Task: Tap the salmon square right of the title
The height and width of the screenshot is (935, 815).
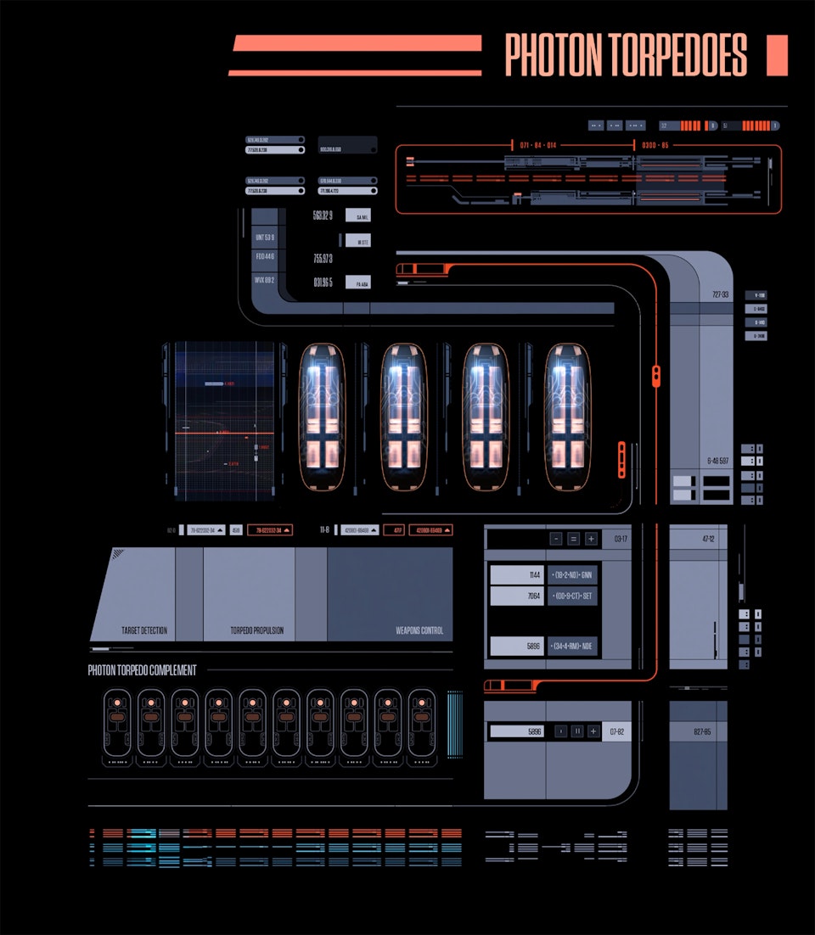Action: (777, 55)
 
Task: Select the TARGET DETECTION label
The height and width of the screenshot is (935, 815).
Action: (144, 631)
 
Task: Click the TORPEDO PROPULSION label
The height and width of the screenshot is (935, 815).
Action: (256, 631)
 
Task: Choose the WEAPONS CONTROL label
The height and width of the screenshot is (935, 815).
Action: (419, 631)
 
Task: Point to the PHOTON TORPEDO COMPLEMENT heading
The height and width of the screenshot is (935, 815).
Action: (143, 670)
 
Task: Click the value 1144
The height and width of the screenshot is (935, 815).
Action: (517, 574)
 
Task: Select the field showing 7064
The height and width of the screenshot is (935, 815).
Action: (517, 596)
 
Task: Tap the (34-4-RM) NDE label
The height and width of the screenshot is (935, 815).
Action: (573, 647)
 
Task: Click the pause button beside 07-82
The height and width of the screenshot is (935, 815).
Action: (577, 731)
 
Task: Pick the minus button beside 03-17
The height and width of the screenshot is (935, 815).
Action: (556, 539)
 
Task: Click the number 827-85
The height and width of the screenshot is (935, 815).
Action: (702, 731)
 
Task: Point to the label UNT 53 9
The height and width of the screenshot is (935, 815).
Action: (265, 238)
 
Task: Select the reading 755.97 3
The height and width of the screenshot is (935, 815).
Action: (323, 259)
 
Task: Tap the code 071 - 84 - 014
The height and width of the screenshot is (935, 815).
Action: (538, 146)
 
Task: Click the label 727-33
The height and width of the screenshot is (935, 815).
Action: (720, 295)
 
